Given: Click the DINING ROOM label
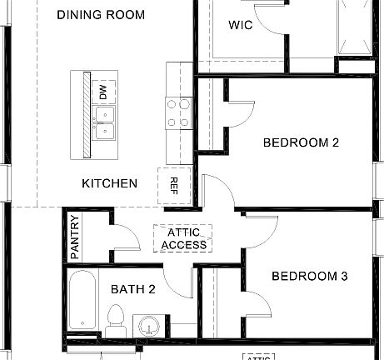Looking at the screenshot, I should click(x=102, y=15).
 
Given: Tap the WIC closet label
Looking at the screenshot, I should click(x=241, y=25).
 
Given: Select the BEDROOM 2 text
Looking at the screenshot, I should click(x=301, y=142).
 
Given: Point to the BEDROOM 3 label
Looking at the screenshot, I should click(x=309, y=276).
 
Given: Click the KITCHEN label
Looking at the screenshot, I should click(x=109, y=182).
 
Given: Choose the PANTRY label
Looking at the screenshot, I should click(x=75, y=237).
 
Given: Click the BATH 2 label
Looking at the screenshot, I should click(x=133, y=289).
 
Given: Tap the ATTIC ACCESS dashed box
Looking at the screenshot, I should click(x=184, y=238).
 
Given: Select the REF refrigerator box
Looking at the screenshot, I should click(x=174, y=184).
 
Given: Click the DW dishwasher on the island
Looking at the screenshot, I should click(x=103, y=92).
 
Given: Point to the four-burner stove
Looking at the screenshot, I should click(x=177, y=113).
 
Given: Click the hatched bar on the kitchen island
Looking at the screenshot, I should click(x=86, y=114).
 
